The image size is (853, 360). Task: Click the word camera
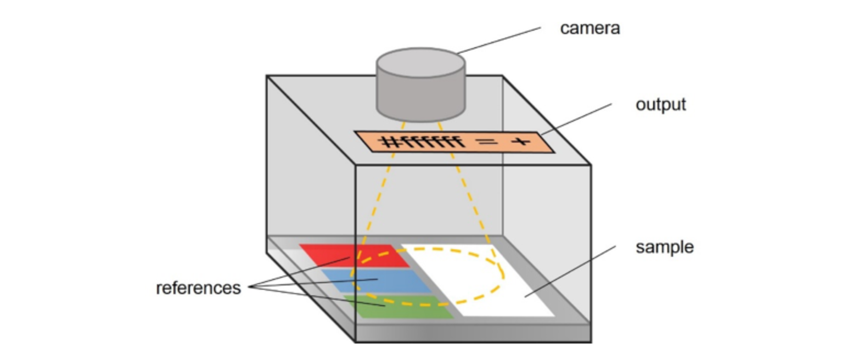pyautogui.click(x=590, y=29)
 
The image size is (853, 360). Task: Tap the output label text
pyautogui.click(x=661, y=104)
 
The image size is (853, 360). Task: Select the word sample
pyautogui.click(x=665, y=247)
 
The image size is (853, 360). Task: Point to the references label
pyautogui.click(x=198, y=288)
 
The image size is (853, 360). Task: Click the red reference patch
pyautogui.click(x=354, y=255)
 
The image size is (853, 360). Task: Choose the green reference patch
pyautogui.click(x=399, y=307)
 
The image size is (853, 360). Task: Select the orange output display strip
pyautogui.click(x=454, y=142)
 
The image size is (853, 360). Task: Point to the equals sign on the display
pyautogui.click(x=487, y=142)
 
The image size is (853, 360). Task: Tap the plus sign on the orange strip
pyautogui.click(x=520, y=142)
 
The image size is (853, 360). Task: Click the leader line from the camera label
pyautogui.click(x=498, y=41)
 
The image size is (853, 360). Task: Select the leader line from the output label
pyautogui.click(x=576, y=119)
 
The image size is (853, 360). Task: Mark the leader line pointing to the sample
pyautogui.click(x=570, y=271)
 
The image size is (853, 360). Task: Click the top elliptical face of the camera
pyautogui.click(x=421, y=63)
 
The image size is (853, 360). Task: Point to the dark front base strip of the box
pyautogui.click(x=473, y=333)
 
